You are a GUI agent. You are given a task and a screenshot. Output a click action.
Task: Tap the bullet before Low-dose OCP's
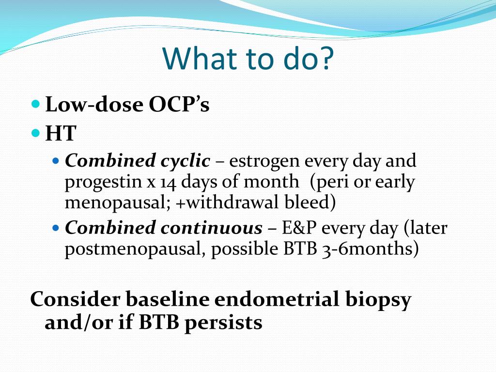[36, 104]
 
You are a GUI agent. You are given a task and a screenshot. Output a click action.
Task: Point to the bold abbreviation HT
[61, 133]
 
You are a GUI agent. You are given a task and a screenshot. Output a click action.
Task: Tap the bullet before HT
[36, 133]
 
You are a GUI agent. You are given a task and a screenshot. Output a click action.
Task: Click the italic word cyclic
[186, 161]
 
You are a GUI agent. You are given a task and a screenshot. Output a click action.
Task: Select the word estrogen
[264, 162]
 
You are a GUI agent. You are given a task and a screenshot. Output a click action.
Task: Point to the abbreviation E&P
[299, 228]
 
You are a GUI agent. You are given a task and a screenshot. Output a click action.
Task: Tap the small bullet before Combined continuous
[56, 228]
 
